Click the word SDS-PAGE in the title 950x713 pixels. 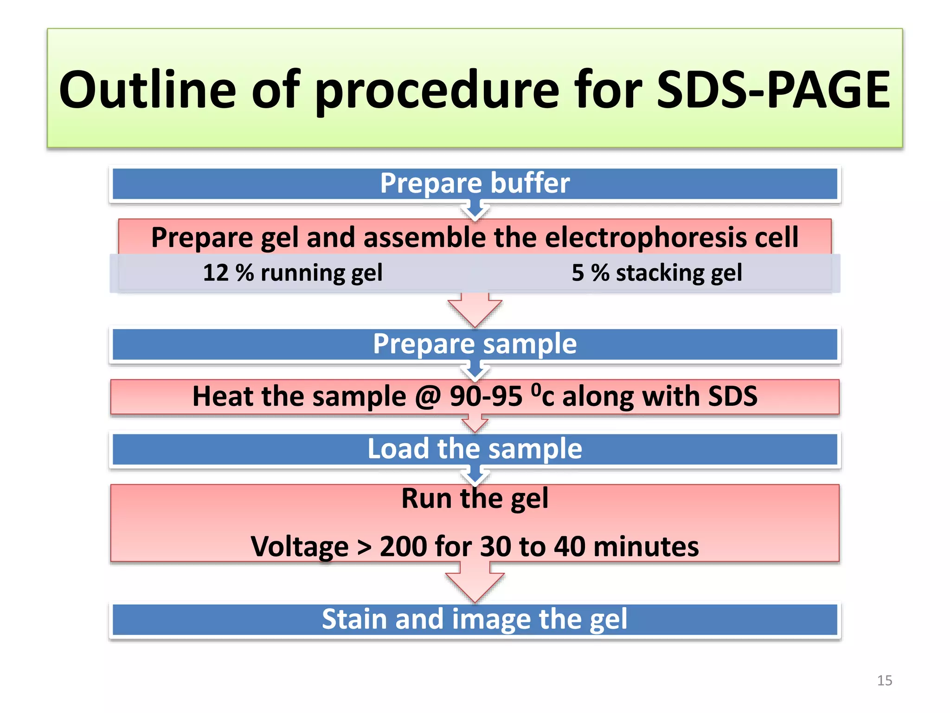tap(773, 90)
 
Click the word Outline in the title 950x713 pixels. tap(148, 90)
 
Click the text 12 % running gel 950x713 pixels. tap(293, 273)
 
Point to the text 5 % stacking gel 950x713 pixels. tap(656, 273)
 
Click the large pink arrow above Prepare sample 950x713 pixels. tap(475, 310)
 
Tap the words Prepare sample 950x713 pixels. tap(475, 344)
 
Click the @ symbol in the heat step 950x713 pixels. tap(428, 397)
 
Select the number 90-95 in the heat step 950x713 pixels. tap(486, 397)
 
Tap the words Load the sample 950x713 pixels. tap(475, 449)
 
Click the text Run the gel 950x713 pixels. tap(475, 499)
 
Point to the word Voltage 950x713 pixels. tap(300, 547)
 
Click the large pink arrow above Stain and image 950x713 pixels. tap(475, 584)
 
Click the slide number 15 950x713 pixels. tap(884, 681)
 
